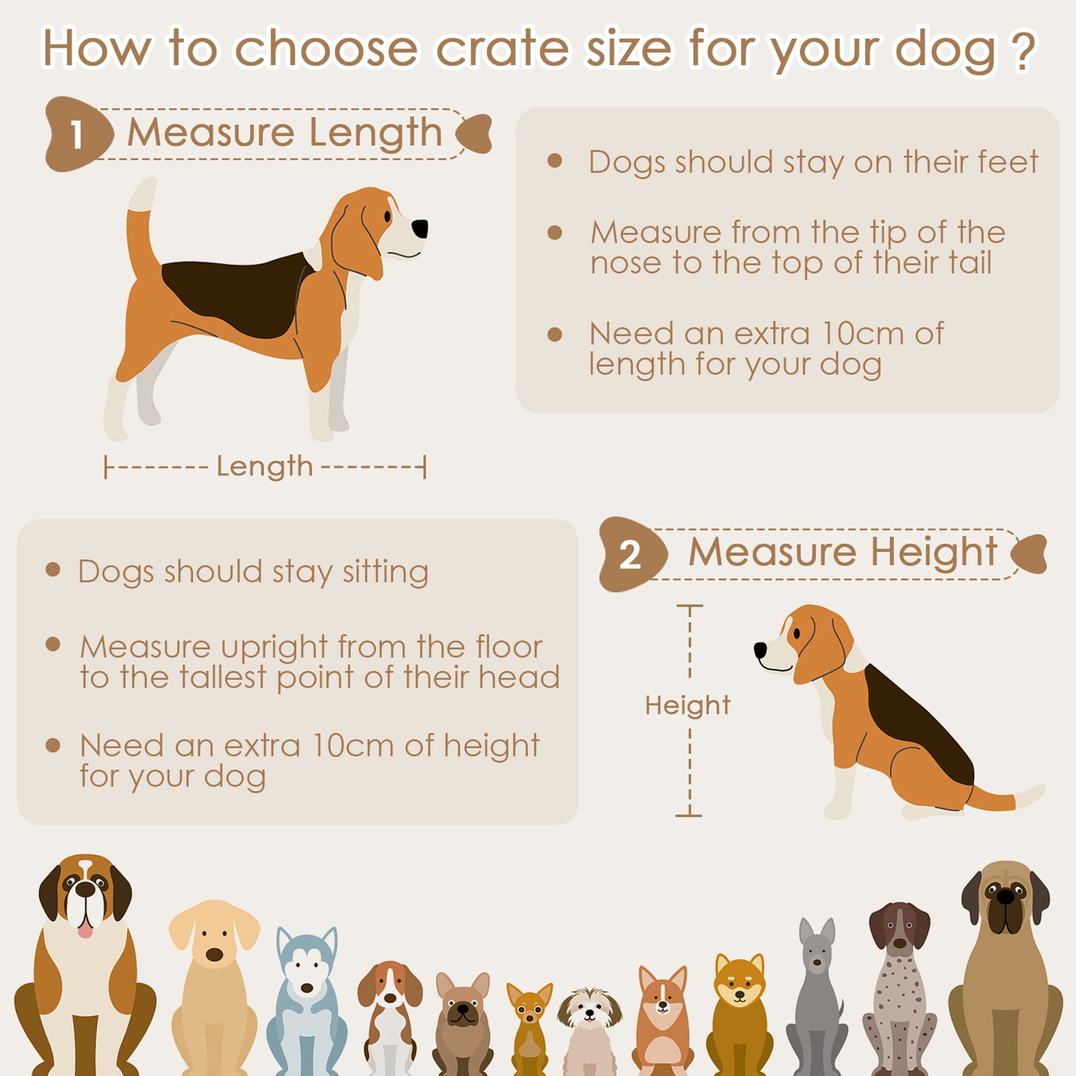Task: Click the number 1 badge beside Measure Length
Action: (78, 134)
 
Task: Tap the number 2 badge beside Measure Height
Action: (631, 555)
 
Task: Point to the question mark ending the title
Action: (1022, 50)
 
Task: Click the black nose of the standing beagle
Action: (420, 229)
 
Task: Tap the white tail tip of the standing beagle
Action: (143, 193)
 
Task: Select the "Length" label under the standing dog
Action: (265, 467)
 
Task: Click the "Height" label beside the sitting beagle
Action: (687, 705)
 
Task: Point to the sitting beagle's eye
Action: (797, 633)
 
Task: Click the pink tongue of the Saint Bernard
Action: (85, 929)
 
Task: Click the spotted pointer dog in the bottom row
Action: (899, 989)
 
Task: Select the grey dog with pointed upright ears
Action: (816, 996)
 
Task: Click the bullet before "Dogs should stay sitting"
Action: (53, 570)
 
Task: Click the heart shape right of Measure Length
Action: (474, 133)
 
